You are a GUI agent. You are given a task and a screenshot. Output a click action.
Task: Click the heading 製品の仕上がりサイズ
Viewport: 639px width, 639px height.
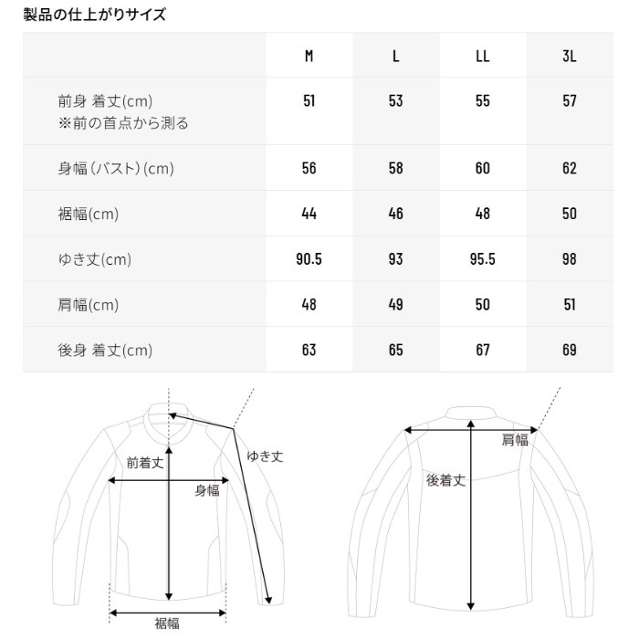coord(95,15)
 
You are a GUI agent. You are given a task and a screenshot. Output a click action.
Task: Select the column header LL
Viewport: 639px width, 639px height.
coord(483,56)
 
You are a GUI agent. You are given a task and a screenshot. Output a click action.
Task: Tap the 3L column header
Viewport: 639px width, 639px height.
coord(570,56)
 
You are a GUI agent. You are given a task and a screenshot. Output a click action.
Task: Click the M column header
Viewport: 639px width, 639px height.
coord(309,56)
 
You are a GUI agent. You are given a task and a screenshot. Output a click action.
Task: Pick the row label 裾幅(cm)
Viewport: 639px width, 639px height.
coord(88,214)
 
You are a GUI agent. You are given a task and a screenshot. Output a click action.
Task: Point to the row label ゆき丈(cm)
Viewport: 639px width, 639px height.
coord(95,259)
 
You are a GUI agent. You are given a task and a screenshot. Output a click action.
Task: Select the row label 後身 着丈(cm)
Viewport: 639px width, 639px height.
coord(105,350)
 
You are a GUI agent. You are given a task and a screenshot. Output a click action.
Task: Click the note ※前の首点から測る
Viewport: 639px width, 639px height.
coord(123,122)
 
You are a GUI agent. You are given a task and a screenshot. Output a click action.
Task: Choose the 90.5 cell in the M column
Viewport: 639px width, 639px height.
coord(309,259)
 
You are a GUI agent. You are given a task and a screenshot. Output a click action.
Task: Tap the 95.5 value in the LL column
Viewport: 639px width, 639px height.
coord(483,259)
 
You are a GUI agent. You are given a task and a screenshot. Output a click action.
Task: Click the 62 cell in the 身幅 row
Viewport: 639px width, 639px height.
coord(570,168)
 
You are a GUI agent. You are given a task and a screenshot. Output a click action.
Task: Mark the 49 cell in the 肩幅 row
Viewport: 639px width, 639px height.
coord(395,304)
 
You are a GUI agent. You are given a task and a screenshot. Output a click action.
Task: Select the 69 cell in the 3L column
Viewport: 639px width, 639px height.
coord(570,350)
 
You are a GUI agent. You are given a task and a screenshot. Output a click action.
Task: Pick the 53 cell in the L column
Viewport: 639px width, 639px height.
coord(395,100)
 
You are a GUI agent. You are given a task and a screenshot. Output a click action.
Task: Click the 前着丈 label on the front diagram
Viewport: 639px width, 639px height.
coord(144,463)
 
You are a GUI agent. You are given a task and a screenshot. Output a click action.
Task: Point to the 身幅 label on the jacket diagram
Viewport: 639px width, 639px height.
coord(207,490)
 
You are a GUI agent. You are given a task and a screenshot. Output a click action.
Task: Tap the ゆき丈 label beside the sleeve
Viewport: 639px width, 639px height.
coord(265,456)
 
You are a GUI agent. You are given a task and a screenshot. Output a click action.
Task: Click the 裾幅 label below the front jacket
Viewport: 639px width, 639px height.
coord(167,623)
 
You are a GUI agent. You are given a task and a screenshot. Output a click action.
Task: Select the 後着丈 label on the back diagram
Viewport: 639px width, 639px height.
coord(445,480)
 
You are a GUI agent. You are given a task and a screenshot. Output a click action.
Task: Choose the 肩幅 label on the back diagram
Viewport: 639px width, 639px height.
coord(515,440)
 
